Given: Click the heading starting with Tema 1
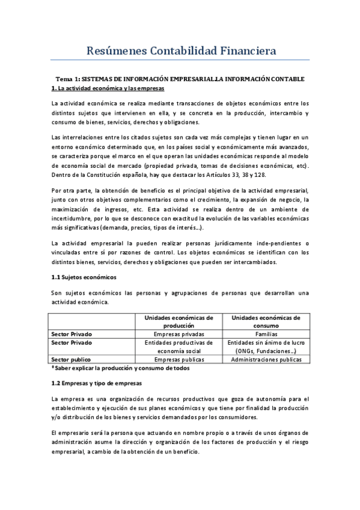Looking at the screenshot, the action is pos(181,79).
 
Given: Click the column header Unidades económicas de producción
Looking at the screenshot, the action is pos(180,321).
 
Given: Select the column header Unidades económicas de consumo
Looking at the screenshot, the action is pos(266,321).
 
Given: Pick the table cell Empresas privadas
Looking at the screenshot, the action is pos(180,333).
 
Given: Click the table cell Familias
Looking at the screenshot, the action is pos(266,333).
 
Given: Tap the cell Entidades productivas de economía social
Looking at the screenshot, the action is pos(180,346).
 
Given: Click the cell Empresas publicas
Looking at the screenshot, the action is pos(180,359).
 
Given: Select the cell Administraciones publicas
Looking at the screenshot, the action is pos(266,359).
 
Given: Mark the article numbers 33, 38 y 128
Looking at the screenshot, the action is pos(247,174).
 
